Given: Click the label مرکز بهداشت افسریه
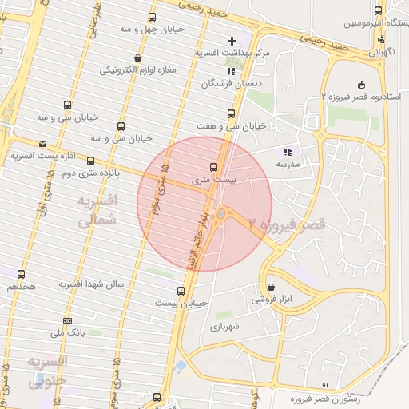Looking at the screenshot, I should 233,53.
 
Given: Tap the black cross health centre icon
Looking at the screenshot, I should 232,40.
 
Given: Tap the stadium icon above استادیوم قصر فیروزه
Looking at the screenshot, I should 361,84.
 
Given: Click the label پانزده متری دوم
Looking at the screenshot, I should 90,173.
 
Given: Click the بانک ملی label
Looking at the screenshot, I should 67,331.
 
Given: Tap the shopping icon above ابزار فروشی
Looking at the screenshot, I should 272,286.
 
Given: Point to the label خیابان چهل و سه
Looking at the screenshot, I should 156,30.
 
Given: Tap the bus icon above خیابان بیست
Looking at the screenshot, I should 181,291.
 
